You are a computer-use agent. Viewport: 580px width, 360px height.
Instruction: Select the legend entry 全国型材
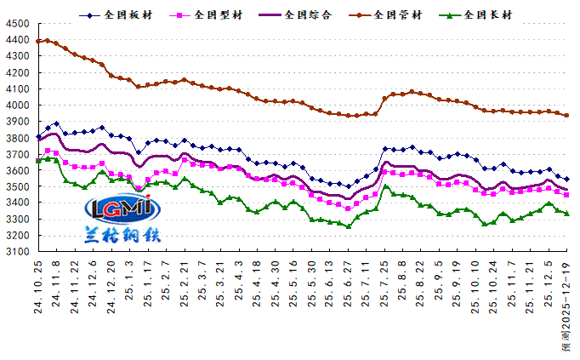[x=217, y=14]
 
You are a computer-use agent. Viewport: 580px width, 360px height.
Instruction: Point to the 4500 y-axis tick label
[x=17, y=24]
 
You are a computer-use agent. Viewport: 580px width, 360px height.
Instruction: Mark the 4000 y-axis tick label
[x=17, y=106]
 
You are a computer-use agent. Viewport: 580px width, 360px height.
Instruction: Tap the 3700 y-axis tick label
[x=17, y=154]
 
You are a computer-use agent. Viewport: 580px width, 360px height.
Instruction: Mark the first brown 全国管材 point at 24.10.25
[x=39, y=41]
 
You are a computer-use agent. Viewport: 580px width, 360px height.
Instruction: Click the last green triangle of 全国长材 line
[x=567, y=213]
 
